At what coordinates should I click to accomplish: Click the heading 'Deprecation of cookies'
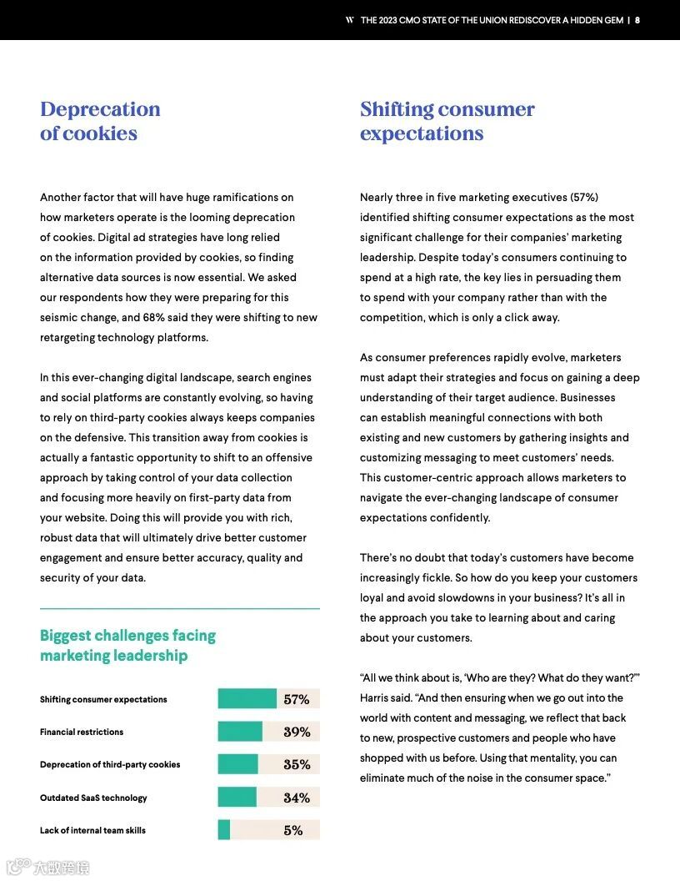pos(100,121)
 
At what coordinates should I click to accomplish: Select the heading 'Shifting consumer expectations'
pos(447,121)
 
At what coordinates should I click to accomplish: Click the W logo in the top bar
pos(350,20)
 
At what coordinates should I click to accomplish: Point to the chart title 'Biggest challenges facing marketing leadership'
pos(127,645)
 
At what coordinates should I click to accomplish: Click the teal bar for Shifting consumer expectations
pos(247,699)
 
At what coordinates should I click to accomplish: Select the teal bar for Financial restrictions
pos(240,732)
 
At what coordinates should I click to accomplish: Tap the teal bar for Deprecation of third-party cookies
pos(237,764)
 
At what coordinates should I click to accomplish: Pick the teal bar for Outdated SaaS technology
pos(237,798)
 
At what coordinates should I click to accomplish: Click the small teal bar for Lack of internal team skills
pos(223,830)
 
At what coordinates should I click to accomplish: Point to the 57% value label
pos(297,699)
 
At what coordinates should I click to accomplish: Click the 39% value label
pos(297,732)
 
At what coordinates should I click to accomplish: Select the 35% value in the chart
pos(297,764)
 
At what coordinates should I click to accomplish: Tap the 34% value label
pos(297,798)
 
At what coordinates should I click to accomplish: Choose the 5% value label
pos(292,830)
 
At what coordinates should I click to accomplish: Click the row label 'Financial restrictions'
pos(82,732)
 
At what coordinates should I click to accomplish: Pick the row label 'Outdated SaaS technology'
pos(93,798)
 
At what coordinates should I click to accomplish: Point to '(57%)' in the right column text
pos(583,197)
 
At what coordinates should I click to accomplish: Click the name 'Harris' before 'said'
pos(377,697)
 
